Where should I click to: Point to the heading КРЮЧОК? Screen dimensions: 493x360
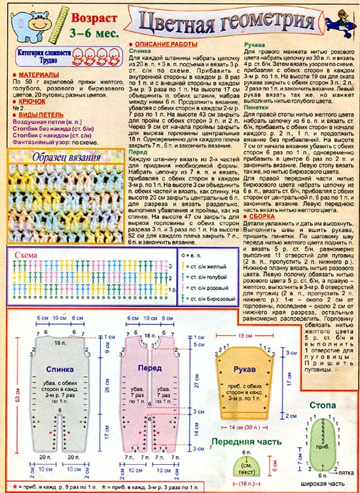pyautogui.click(x=29, y=102)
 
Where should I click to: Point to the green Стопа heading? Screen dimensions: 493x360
pyautogui.click(x=323, y=406)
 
